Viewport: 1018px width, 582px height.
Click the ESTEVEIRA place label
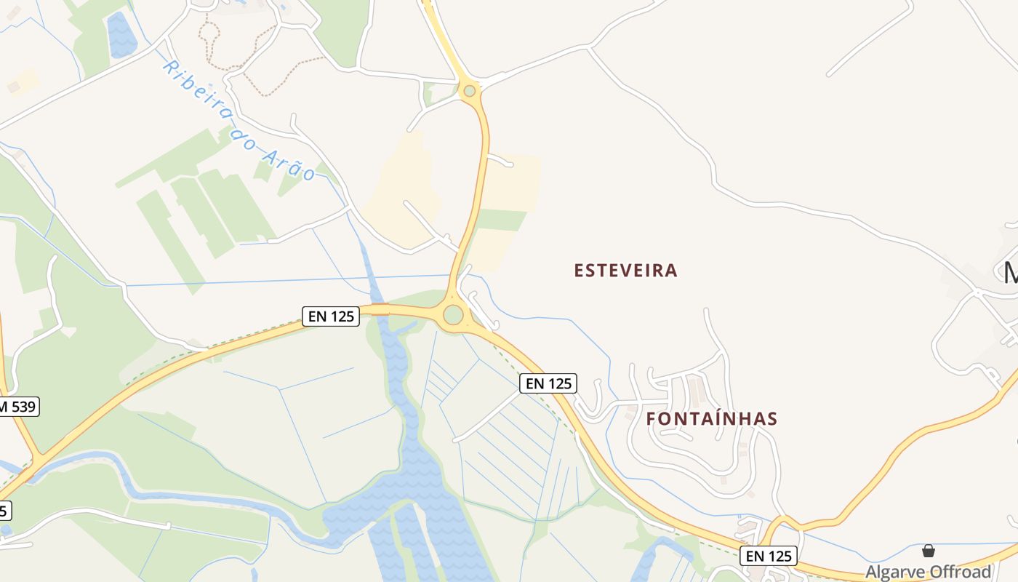(x=625, y=271)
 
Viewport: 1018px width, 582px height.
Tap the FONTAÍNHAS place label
(x=711, y=419)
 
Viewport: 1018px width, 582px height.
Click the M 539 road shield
(x=17, y=407)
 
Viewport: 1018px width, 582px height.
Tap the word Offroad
(x=961, y=572)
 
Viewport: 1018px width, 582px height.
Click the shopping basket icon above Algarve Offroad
(x=929, y=551)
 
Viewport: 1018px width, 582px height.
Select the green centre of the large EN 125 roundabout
(x=453, y=315)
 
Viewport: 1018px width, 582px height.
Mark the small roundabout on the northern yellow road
(x=470, y=91)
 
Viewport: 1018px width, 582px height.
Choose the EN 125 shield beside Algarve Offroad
(x=769, y=557)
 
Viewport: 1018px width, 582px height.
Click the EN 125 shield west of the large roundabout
(x=331, y=316)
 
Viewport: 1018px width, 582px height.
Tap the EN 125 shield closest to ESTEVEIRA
(x=548, y=383)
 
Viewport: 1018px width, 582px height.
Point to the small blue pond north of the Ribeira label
(x=121, y=34)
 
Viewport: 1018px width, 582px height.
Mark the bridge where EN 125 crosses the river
(x=380, y=309)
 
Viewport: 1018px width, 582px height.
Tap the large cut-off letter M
(x=1010, y=274)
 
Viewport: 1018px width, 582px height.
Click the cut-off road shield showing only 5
(x=4, y=511)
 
